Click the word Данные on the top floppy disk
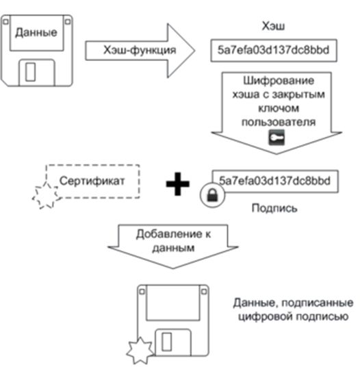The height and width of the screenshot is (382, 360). pos(36,33)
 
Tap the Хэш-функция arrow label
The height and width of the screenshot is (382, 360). pos(140,50)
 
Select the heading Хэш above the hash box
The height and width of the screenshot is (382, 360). pos(273,26)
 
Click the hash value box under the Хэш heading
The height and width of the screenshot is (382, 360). pos(274,51)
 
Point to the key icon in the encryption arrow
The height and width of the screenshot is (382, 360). pos(277,138)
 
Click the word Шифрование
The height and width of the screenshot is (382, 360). pos(279,81)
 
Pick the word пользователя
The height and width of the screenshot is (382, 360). pos(279,122)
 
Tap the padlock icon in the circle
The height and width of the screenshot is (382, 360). pos(212,195)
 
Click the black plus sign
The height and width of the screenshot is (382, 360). pos(177,184)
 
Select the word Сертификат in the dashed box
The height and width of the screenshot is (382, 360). pos(92,181)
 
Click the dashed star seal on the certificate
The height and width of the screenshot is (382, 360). pos(46,195)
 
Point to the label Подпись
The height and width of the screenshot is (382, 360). pos(274,208)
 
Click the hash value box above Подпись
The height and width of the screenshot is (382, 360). pos(275,181)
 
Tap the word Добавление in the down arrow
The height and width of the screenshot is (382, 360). pos(169,234)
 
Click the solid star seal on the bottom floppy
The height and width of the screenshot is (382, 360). pos(140,351)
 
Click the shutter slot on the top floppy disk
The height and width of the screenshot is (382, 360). pos(30,72)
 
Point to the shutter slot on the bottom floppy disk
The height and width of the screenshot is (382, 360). pos(166,342)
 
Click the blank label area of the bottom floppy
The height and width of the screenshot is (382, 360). pos(173,303)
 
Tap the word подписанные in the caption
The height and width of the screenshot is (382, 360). pos(318,303)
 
